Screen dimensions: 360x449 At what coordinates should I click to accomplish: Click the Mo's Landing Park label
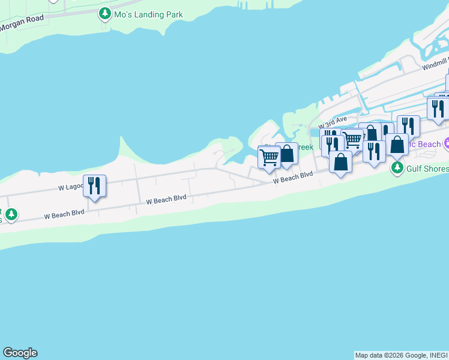click(149, 14)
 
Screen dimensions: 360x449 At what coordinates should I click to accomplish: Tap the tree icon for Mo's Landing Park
click(106, 13)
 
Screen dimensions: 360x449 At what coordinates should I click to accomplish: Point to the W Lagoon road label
click(71, 187)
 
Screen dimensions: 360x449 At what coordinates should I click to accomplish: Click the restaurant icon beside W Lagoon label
click(94, 185)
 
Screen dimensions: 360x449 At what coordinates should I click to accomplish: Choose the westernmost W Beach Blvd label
click(64, 215)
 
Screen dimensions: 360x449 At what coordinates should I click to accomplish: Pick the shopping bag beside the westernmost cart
click(287, 154)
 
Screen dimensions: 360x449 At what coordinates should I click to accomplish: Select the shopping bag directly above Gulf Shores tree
click(397, 145)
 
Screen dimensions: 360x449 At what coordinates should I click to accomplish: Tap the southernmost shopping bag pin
click(340, 162)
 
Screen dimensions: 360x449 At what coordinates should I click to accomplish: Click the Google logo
click(20, 353)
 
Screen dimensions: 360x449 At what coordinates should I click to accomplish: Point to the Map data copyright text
click(401, 355)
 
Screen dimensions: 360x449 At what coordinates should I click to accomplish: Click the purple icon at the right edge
click(447, 143)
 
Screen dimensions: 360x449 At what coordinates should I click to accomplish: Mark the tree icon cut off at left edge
click(10, 214)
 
